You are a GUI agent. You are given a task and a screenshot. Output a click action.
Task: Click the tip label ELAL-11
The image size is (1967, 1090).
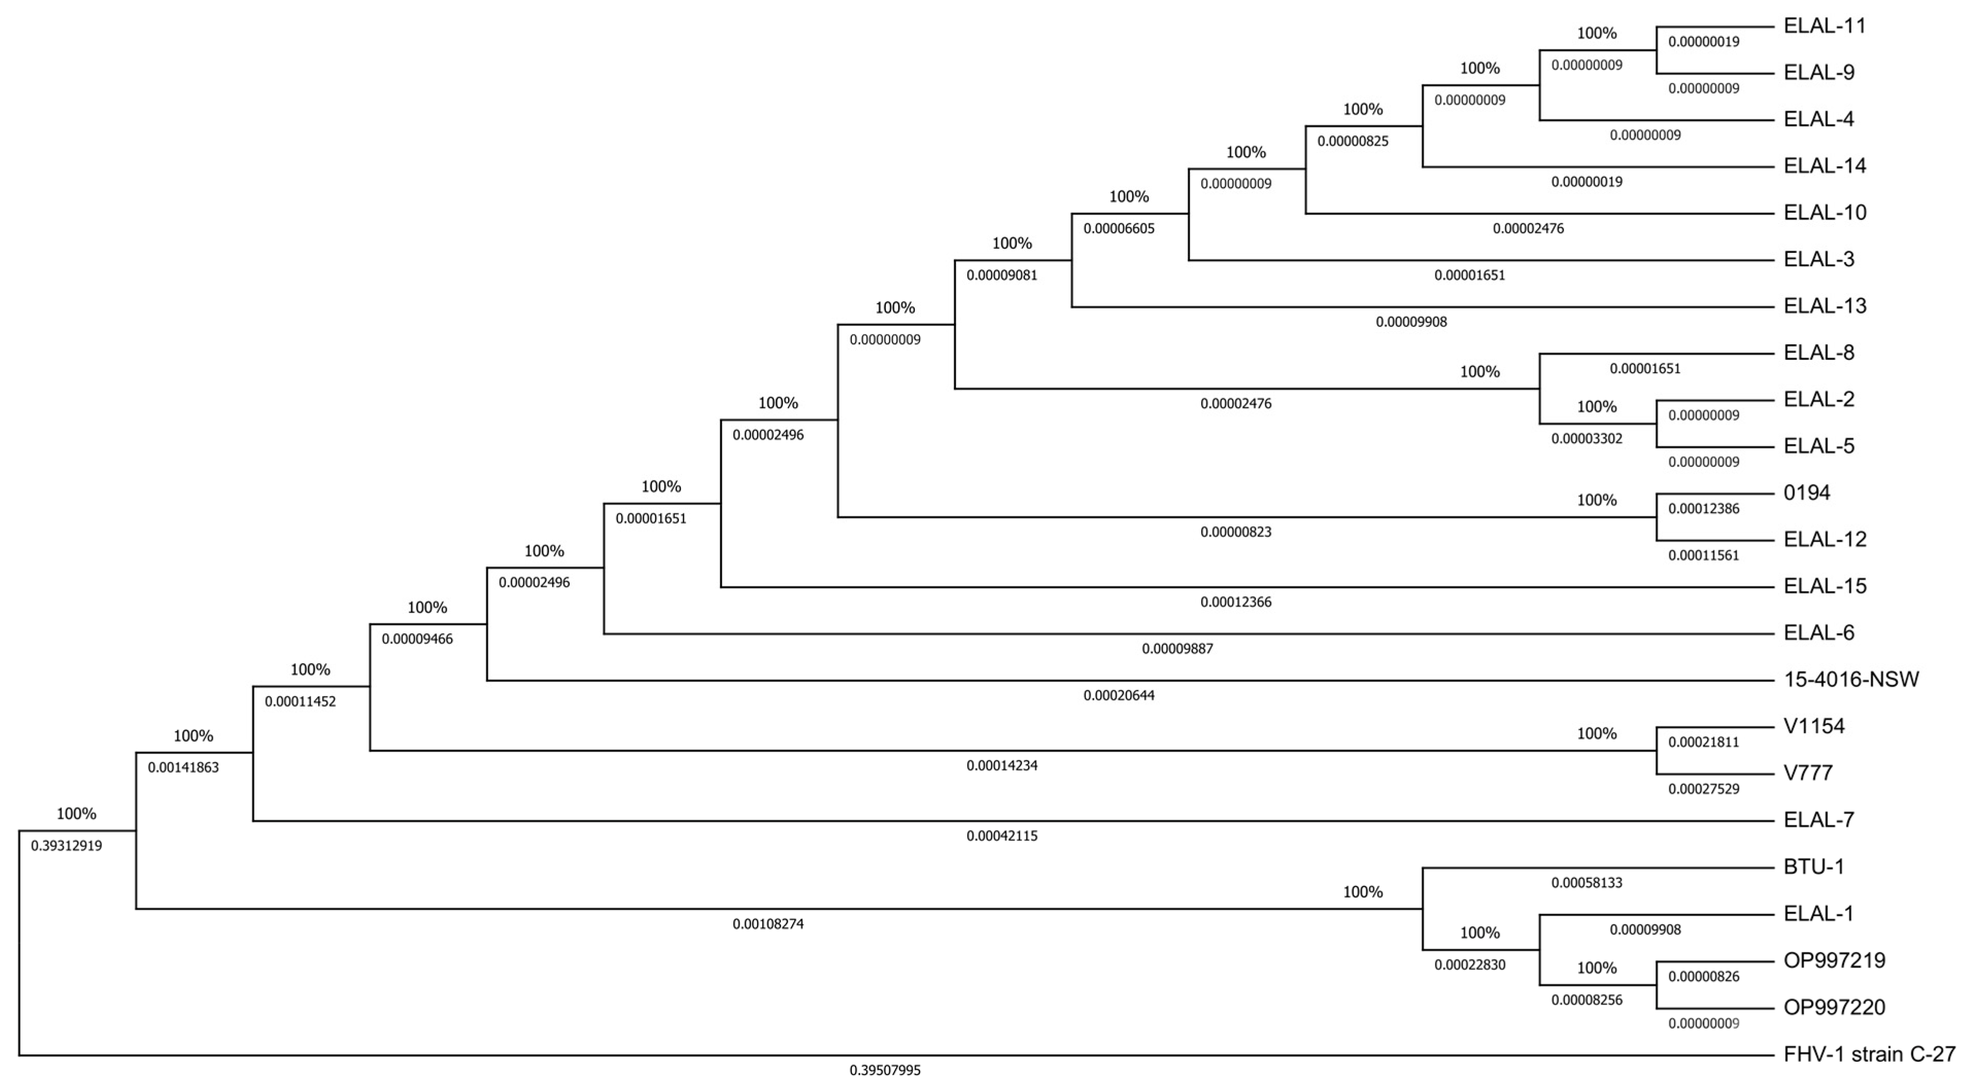tap(1824, 26)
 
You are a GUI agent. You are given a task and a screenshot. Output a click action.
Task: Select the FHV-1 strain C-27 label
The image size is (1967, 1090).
tap(1869, 1054)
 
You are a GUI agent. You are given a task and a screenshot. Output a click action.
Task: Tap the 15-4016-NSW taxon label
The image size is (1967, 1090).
tap(1851, 679)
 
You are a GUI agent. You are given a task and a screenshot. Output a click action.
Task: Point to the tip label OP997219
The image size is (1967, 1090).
tap(1834, 960)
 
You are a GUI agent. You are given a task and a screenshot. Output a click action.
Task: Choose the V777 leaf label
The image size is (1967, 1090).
tap(1808, 773)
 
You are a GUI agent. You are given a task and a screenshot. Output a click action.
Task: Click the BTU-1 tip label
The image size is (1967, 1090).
tap(1814, 867)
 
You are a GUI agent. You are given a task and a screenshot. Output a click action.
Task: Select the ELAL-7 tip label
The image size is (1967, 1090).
tap(1819, 820)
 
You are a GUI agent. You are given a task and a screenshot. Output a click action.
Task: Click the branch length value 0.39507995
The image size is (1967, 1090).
tap(885, 1070)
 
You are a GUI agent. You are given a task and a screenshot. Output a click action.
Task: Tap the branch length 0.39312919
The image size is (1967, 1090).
tap(66, 846)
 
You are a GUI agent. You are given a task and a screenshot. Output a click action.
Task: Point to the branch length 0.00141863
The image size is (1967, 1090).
tap(183, 768)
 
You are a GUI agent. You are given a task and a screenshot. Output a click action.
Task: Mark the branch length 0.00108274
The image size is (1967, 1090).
tap(768, 924)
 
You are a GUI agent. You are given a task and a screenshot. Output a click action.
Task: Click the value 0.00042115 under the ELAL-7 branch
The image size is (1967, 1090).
tap(1002, 836)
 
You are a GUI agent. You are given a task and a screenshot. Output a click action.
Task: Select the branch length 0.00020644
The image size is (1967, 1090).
tap(1119, 696)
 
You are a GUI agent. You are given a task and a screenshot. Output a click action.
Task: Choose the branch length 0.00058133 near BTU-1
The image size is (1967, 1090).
tap(1587, 883)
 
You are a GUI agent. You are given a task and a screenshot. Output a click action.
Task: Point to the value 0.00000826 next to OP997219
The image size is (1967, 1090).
tap(1704, 976)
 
